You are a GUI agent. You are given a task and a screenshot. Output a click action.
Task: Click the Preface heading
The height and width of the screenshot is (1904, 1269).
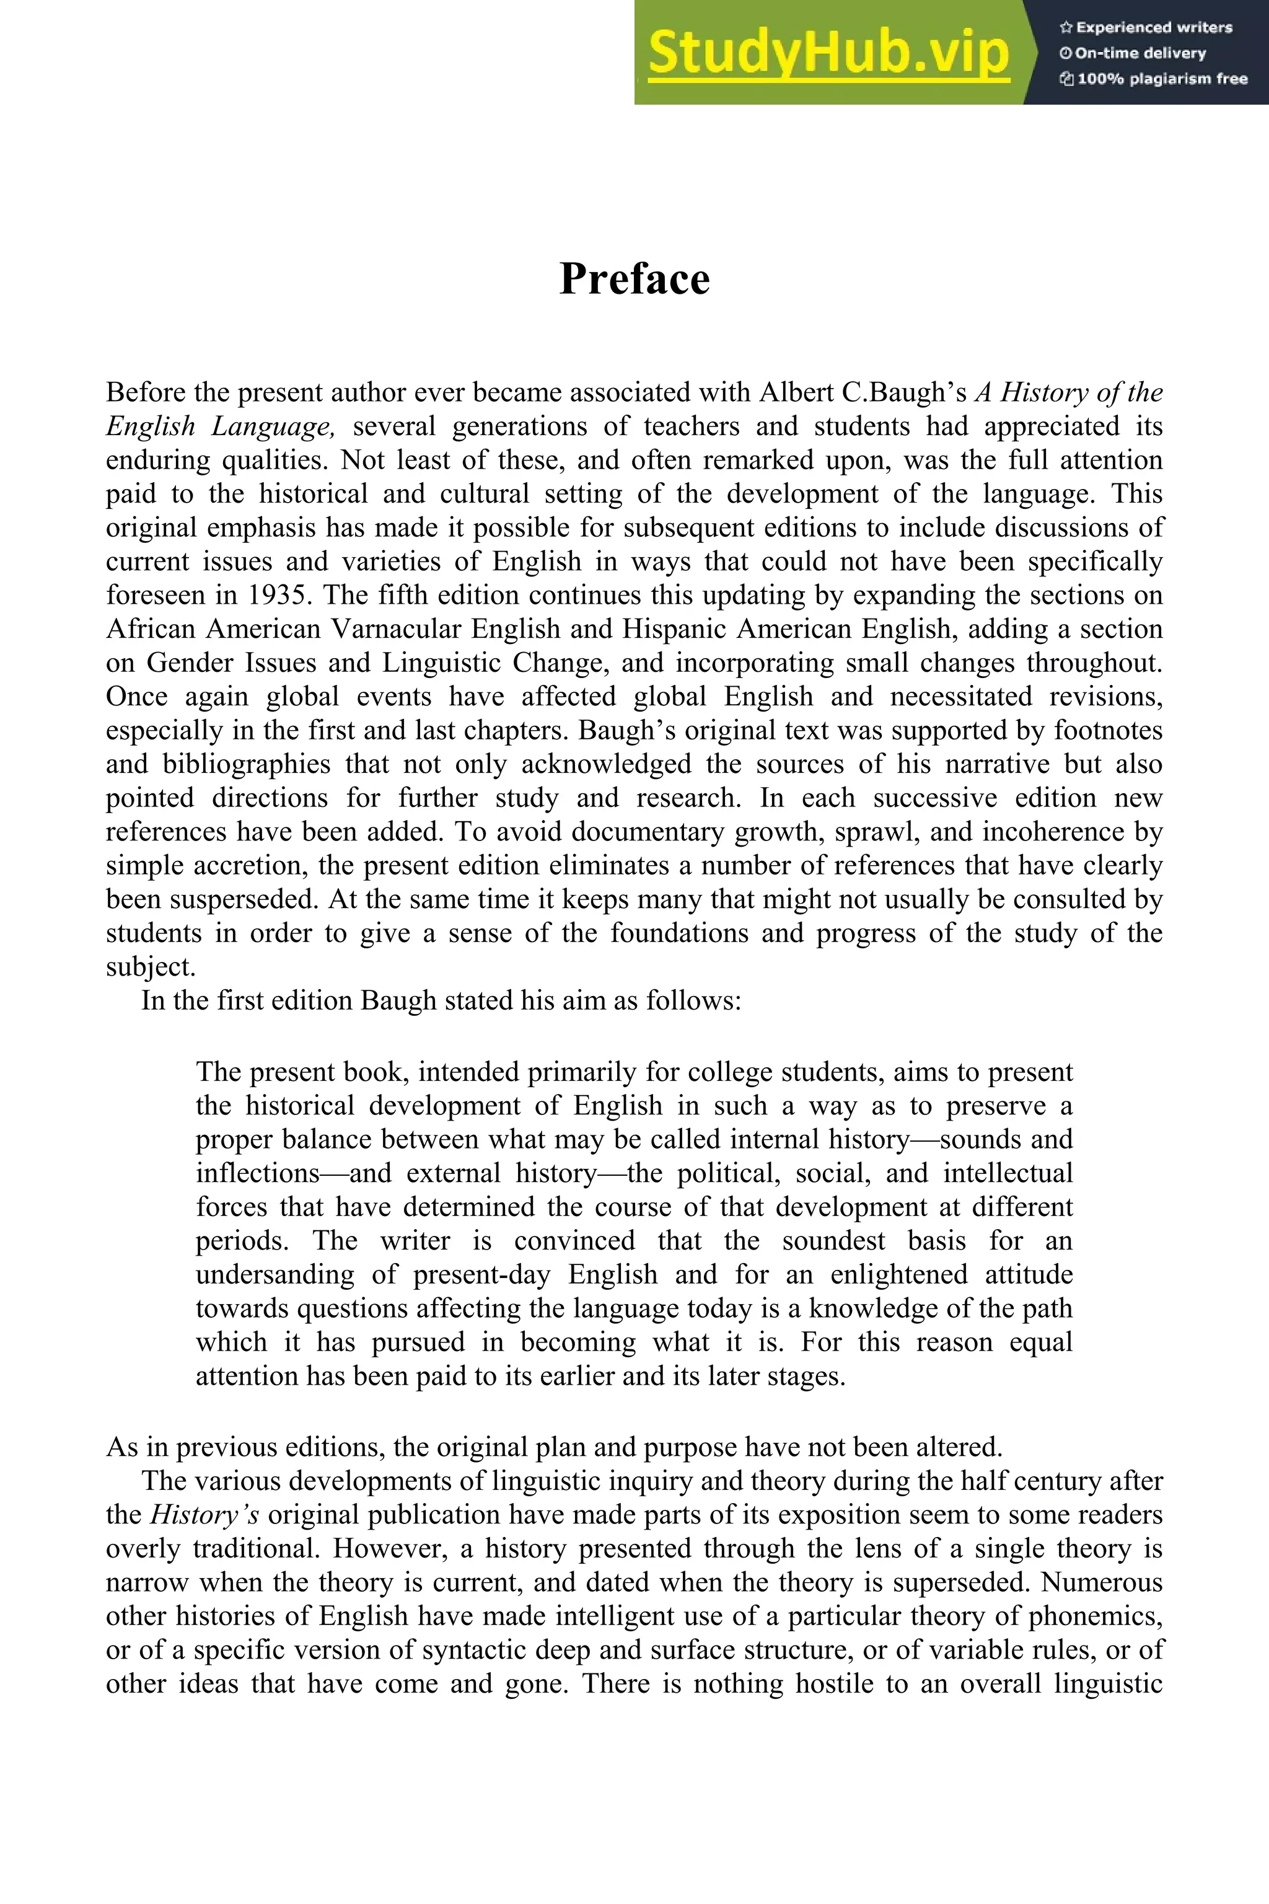(634, 280)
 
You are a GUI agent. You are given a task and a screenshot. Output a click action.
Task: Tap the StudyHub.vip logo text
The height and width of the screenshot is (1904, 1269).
(828, 53)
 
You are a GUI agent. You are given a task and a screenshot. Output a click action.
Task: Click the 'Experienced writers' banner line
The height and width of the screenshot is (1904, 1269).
(1145, 27)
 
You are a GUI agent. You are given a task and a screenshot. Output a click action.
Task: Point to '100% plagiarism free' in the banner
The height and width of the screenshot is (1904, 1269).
(1153, 79)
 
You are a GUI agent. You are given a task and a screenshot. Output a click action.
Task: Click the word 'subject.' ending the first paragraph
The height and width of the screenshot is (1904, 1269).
(151, 967)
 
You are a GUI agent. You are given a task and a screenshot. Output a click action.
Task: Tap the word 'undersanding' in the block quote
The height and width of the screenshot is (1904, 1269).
(275, 1275)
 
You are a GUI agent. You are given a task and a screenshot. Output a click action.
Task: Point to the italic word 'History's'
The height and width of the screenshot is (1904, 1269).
(204, 1515)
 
